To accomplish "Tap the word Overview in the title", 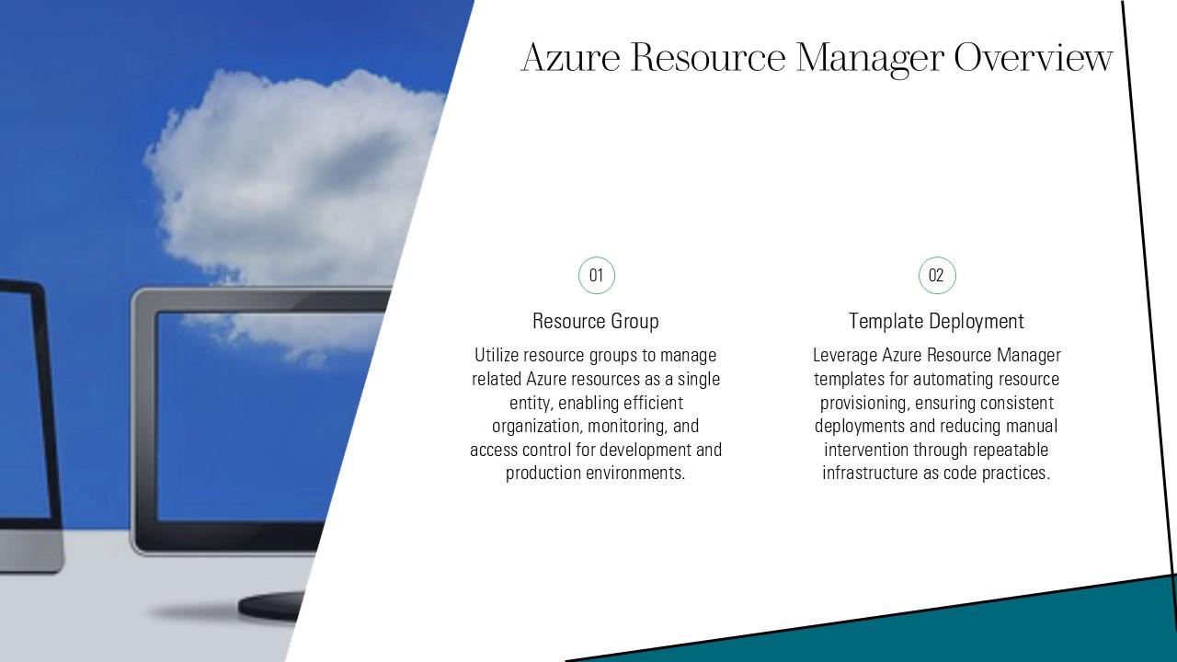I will [x=1033, y=58].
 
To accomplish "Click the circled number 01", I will [x=596, y=275].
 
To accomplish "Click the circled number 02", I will [x=936, y=275].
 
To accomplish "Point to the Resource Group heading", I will [x=596, y=321].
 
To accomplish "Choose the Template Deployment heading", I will [x=936, y=321].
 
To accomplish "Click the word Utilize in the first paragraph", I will [x=497, y=356].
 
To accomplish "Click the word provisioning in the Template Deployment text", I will [x=863, y=403].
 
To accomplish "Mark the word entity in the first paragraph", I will [x=531, y=403].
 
